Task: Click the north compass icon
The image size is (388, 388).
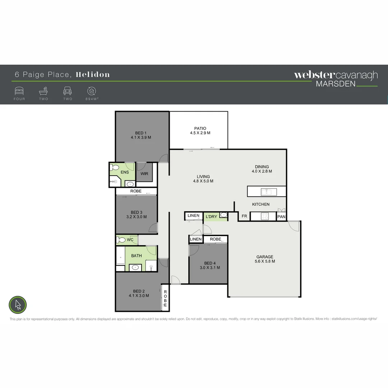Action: (18, 305)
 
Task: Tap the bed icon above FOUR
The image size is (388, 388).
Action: (19, 91)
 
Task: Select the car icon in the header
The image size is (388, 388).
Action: (68, 91)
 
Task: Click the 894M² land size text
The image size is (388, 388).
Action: (92, 99)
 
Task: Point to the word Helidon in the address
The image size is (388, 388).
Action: (93, 75)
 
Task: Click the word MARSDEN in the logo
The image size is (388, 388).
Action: (336, 84)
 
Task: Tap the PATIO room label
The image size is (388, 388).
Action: (200, 128)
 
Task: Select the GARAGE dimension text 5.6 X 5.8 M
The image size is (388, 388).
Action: (265, 262)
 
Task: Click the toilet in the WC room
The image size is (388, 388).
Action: (121, 240)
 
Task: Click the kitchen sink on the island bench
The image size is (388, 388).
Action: (267, 192)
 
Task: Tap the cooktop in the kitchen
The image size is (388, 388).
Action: (264, 216)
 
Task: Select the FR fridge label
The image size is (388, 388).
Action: (244, 216)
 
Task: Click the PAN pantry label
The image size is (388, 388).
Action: (281, 217)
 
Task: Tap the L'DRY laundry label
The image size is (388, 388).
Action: (211, 217)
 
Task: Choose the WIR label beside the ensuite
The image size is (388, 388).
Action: (144, 174)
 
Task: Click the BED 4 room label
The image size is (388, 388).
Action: (210, 263)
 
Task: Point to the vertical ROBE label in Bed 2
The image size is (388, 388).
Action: (165, 298)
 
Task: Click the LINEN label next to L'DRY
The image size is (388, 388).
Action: (193, 216)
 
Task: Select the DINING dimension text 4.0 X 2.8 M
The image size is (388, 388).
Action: (262, 171)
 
